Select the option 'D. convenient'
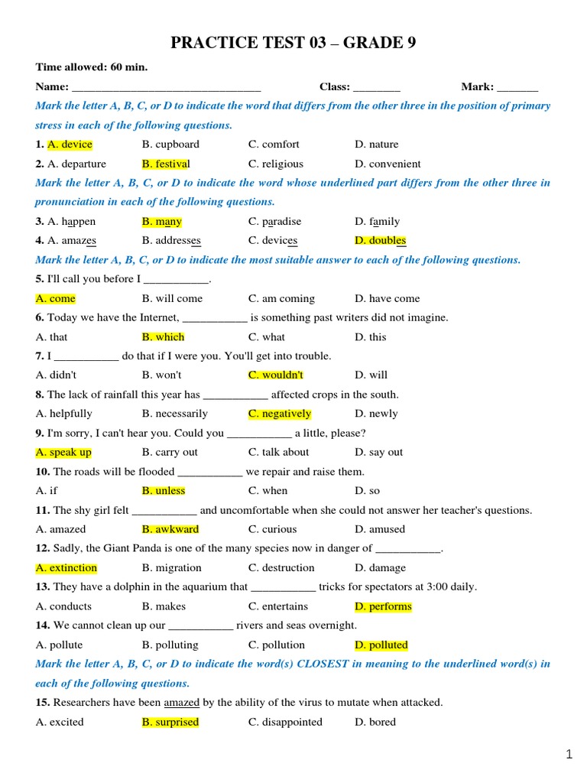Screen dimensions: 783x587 coord(388,164)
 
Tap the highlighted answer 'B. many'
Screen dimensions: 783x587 coord(162,222)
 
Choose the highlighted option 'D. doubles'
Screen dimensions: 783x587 coord(380,241)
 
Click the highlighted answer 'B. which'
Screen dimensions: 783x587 coord(164,337)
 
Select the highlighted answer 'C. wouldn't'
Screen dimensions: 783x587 coord(276,375)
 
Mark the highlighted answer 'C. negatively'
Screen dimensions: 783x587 coord(280,414)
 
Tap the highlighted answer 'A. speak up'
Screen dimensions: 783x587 coord(63,453)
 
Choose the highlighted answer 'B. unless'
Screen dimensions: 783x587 coord(164,491)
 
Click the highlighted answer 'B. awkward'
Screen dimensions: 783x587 coord(170,529)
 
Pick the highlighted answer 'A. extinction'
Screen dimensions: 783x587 coord(66,568)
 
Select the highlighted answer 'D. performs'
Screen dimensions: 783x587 coord(383,606)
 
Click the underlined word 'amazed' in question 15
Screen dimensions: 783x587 coord(180,702)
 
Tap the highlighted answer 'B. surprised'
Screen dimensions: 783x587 coord(170,722)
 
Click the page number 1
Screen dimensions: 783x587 coord(569,755)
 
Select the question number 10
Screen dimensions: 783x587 coord(42,472)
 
